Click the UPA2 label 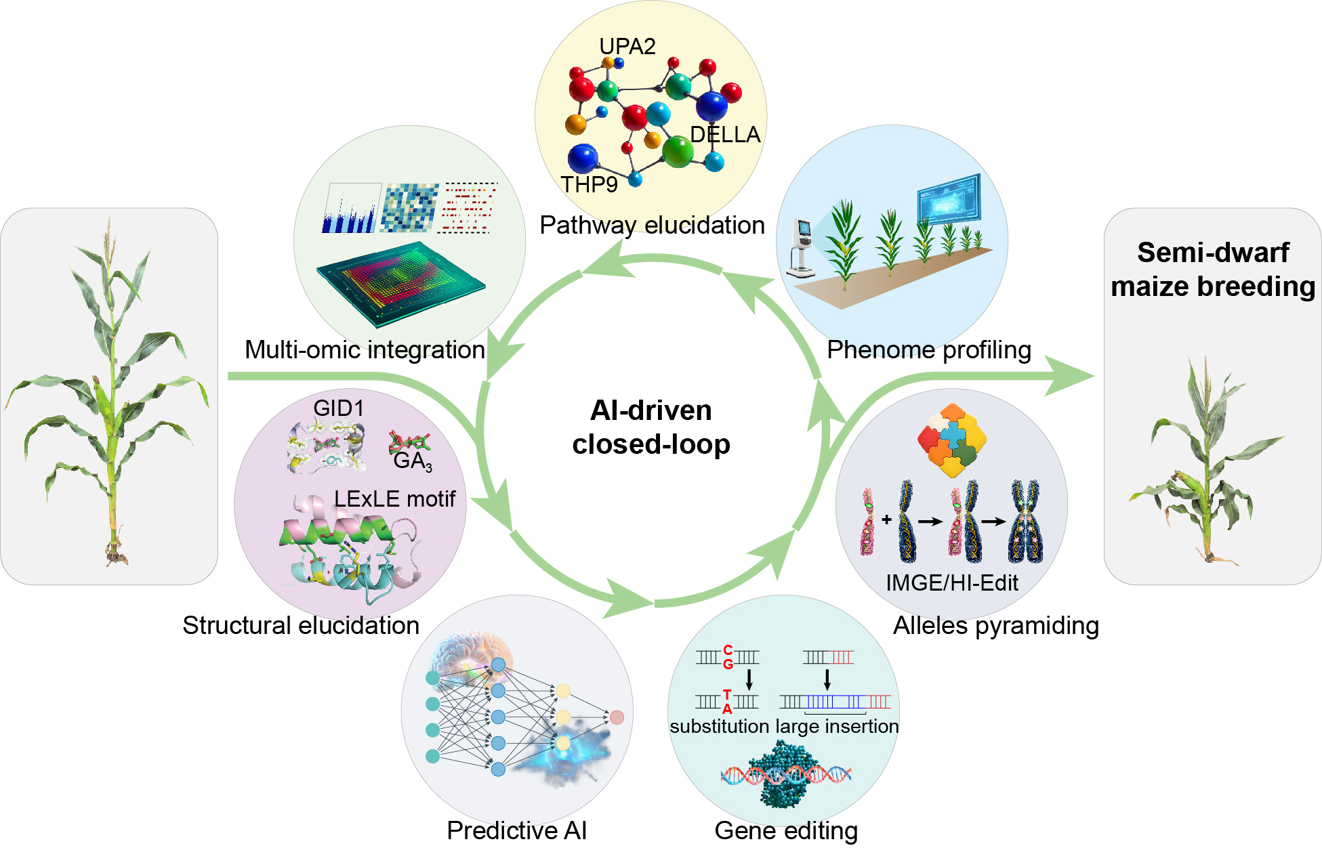[x=627, y=46]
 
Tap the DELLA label [x=725, y=135]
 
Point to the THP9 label [x=589, y=184]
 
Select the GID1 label [x=339, y=408]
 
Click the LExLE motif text [x=394, y=499]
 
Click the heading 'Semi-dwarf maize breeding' [x=1213, y=270]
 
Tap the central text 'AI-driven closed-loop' [x=651, y=427]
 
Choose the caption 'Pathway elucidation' [x=652, y=225]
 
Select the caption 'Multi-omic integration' [x=365, y=349]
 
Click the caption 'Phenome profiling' [x=929, y=349]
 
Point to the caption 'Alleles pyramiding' [x=995, y=625]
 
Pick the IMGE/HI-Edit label [x=952, y=582]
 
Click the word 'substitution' [x=719, y=726]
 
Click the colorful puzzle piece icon [x=951, y=440]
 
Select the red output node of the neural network [x=617, y=717]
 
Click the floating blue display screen [x=949, y=197]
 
